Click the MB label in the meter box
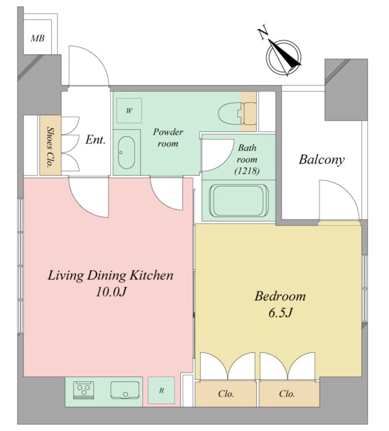pos(37,38)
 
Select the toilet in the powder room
pos(237,113)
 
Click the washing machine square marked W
pos(129,110)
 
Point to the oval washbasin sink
pos(127,153)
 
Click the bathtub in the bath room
pos(239,201)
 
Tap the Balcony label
pos(322,160)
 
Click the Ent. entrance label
pos(95,139)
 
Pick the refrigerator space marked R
pos(161,391)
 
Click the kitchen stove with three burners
pos(84,390)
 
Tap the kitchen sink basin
pos(125,390)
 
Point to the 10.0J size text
pos(111,292)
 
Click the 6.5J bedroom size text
pos(280,312)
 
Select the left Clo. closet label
pos(226,393)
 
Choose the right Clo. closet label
pos(287,393)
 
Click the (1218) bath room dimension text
pos(247,171)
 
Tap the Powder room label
pos(168,137)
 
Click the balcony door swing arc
pos(345,193)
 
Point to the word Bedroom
pos(280,296)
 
